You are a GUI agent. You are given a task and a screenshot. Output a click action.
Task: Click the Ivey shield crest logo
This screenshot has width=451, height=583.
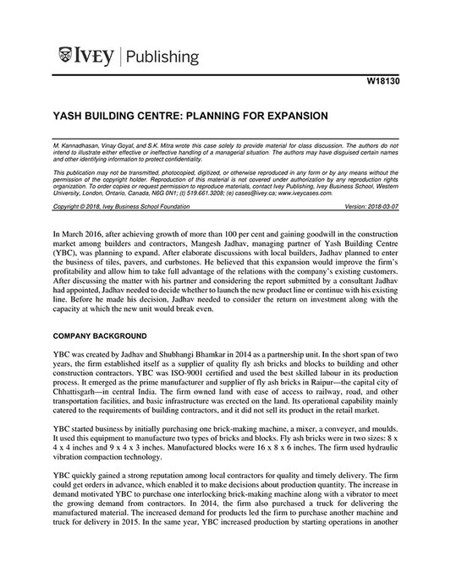pyautogui.click(x=64, y=57)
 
